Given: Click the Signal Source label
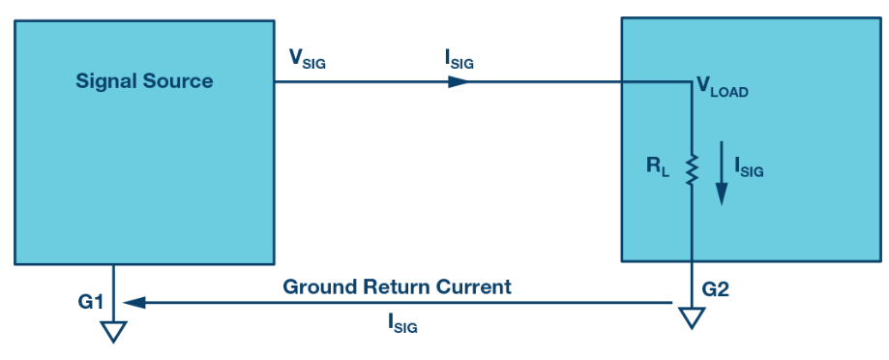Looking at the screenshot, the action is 144,81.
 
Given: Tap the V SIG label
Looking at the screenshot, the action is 308,59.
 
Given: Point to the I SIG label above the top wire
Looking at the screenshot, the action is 459,60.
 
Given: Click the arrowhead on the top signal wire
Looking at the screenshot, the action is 459,81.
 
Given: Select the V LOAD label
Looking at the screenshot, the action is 723,88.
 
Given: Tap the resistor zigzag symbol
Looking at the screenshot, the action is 692,170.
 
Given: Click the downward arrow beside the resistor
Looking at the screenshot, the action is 722,173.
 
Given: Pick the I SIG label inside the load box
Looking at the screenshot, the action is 749,167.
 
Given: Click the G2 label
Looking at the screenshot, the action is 716,289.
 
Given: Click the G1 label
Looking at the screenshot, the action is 91,302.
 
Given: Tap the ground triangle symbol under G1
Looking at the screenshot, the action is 113,332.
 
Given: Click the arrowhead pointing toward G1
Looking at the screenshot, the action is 134,303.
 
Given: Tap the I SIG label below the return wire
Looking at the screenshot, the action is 402,323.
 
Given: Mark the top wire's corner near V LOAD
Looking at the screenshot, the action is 692,81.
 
